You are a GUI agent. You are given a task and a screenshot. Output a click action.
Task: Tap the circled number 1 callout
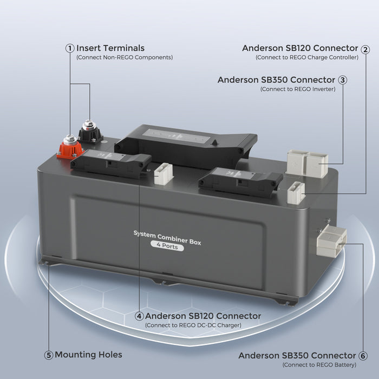70,48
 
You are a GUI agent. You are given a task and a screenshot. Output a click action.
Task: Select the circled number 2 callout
365,49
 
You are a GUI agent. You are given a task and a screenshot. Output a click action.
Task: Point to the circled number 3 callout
342,80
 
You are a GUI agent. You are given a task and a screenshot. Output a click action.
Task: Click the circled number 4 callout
139,316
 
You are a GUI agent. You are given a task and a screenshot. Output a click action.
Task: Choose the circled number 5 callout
49,355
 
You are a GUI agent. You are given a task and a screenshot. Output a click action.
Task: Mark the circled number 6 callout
363,356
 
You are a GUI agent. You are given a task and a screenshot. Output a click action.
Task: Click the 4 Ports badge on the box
167,246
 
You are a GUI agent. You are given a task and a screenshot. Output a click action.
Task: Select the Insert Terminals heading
110,48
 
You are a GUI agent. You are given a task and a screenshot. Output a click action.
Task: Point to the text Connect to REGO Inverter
298,89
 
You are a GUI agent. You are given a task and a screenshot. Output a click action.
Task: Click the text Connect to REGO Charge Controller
307,57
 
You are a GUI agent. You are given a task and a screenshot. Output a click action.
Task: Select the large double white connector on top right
306,161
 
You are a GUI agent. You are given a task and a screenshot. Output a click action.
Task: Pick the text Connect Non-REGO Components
125,57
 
